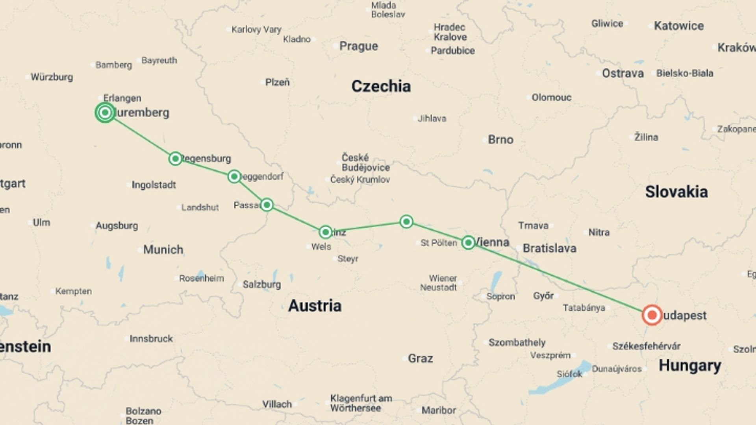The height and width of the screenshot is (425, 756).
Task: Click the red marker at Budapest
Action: tap(652, 315)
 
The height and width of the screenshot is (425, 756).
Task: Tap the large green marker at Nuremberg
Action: tap(105, 113)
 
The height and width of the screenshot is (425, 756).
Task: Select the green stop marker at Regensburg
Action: tap(175, 159)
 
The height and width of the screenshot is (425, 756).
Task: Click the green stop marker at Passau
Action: tap(267, 205)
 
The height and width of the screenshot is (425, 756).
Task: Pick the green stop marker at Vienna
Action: tap(468, 242)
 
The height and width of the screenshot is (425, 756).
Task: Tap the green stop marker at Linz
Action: tap(325, 232)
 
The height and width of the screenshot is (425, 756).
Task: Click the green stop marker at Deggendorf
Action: tap(234, 176)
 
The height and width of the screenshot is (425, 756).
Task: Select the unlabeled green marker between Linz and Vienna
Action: tap(406, 222)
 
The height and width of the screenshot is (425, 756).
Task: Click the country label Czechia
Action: tap(381, 86)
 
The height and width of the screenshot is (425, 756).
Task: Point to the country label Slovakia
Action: tap(676, 192)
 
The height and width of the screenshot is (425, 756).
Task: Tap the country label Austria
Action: tap(315, 305)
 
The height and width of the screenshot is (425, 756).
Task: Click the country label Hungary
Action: tap(690, 365)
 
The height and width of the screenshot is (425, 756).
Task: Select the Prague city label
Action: tap(358, 46)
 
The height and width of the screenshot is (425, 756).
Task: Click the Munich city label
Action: tap(163, 249)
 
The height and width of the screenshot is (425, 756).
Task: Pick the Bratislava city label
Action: tap(549, 248)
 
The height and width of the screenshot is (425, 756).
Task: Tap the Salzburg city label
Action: tap(261, 284)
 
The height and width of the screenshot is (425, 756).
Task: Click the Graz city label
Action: tap(420, 358)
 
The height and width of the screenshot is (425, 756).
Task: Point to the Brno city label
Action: tap(500, 139)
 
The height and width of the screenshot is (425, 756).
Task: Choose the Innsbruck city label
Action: tap(151, 338)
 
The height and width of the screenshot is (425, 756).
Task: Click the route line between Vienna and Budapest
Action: tap(559, 278)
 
